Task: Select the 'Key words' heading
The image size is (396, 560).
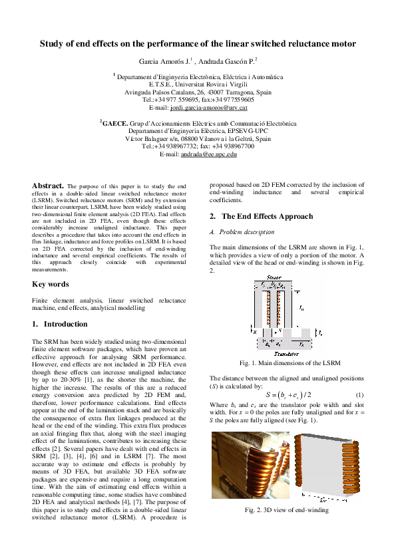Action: pos(51,284)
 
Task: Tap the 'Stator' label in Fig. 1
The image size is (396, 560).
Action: pos(274,277)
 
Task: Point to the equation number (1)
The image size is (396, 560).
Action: pos(359,395)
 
